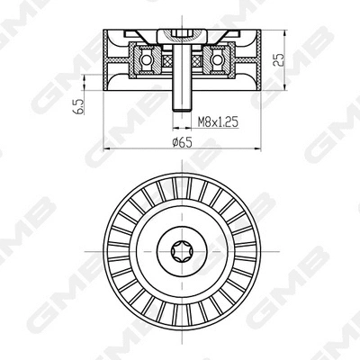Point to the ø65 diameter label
[x=182, y=141]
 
